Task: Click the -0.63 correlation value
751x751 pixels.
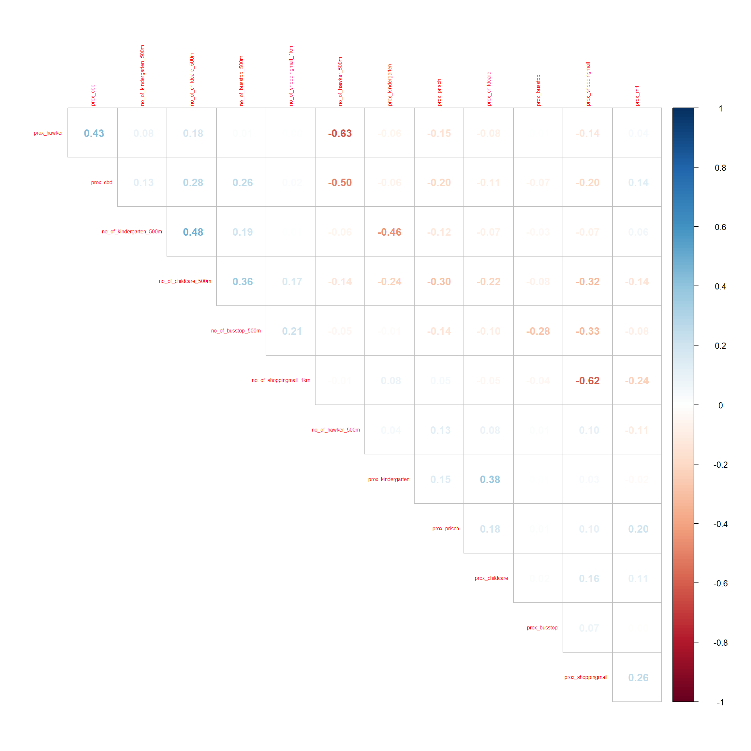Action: [x=340, y=133]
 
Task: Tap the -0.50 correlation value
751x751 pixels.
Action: [x=340, y=183]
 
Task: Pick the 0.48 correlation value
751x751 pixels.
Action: [x=193, y=232]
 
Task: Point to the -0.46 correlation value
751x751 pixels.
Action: [x=389, y=232]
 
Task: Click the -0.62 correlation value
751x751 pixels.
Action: [x=587, y=381]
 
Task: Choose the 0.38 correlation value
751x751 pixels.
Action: [x=490, y=479]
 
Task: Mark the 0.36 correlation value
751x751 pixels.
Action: [x=243, y=281]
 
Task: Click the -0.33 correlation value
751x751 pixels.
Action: [x=587, y=331]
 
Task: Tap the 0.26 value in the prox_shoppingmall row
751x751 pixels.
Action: [x=638, y=678]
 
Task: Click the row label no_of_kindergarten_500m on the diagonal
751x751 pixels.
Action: [x=132, y=232]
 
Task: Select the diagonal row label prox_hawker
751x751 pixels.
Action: [x=48, y=133]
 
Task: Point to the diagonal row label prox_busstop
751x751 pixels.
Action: [x=542, y=628]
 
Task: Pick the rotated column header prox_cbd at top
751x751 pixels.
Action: [x=93, y=95]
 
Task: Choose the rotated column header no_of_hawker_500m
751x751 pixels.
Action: [x=340, y=81]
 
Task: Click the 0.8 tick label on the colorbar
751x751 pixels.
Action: [x=720, y=168]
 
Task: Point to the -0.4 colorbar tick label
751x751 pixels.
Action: [x=720, y=524]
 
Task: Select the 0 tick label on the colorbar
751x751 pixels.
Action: [x=720, y=405]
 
